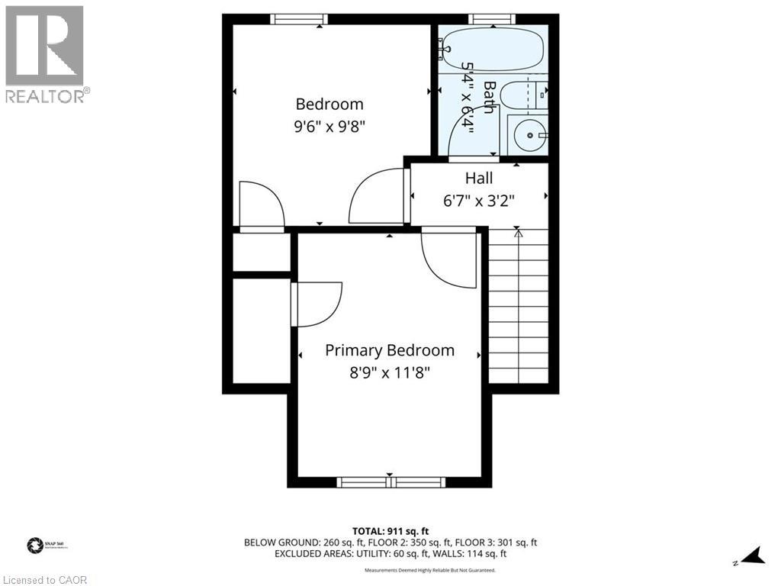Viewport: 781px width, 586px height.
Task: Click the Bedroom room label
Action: point(329,104)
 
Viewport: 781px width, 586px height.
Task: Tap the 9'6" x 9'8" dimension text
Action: point(329,127)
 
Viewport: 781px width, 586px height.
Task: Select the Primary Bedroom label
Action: point(390,350)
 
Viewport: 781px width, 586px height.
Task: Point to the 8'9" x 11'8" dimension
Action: point(390,373)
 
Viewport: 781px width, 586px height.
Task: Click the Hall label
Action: point(479,178)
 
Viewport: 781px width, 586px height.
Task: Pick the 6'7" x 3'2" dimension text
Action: point(479,201)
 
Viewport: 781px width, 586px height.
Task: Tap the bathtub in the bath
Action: point(492,48)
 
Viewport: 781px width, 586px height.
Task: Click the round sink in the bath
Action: point(529,136)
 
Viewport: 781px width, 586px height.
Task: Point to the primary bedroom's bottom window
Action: point(390,481)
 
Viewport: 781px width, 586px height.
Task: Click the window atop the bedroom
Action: point(299,19)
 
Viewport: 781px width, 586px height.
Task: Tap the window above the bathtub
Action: point(492,19)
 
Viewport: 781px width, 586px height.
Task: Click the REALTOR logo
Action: point(45,53)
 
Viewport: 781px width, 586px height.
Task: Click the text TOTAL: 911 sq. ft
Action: point(390,530)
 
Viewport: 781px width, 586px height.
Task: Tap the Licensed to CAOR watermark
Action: point(44,579)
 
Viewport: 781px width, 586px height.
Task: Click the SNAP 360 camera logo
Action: point(35,545)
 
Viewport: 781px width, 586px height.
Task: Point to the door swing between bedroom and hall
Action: point(376,197)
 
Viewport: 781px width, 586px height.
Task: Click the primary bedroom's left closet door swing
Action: point(317,303)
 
